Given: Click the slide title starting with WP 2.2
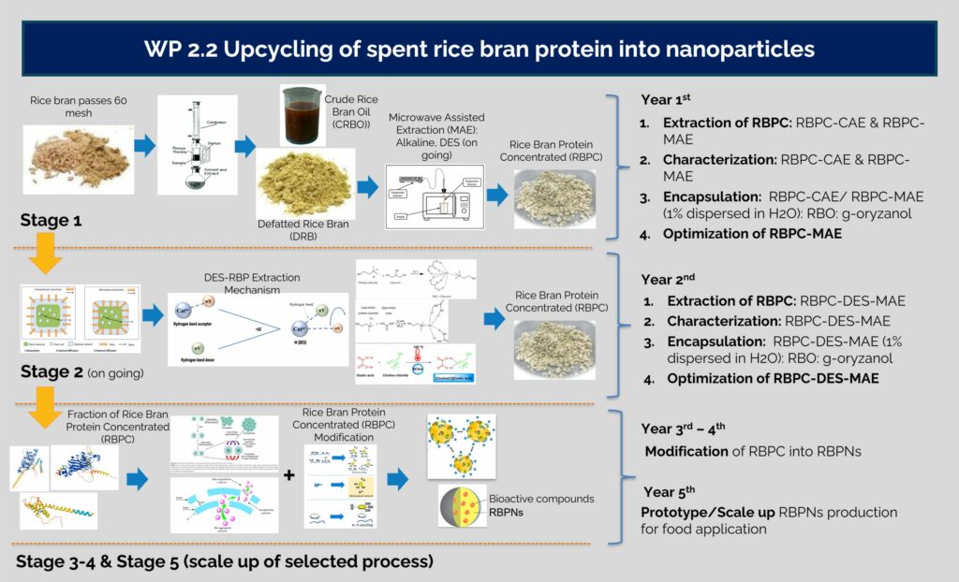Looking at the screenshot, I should click(479, 49).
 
